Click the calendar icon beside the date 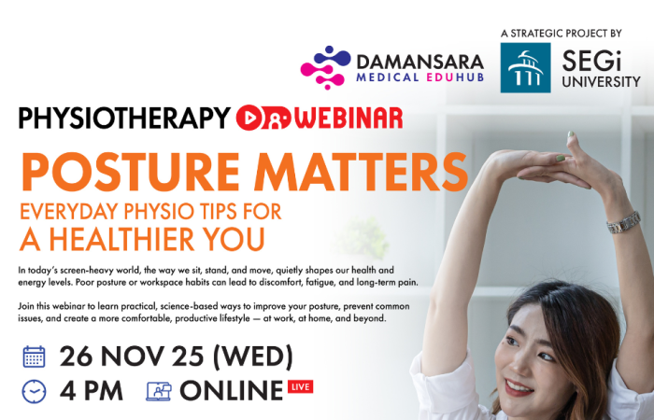point(34,357)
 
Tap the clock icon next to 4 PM point(34,391)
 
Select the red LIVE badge point(300,386)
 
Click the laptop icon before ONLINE point(159,391)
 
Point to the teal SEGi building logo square point(525,67)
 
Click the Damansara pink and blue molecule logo point(325,67)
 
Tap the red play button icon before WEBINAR point(249,118)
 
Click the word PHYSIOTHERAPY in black point(124,119)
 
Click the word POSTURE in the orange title point(130,172)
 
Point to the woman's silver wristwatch point(623,222)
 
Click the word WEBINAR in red point(349,118)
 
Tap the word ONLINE point(231,391)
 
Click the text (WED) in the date point(253,357)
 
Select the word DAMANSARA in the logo point(420,63)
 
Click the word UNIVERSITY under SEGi point(601,81)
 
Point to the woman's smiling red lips point(519,388)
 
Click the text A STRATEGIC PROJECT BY point(562,34)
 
